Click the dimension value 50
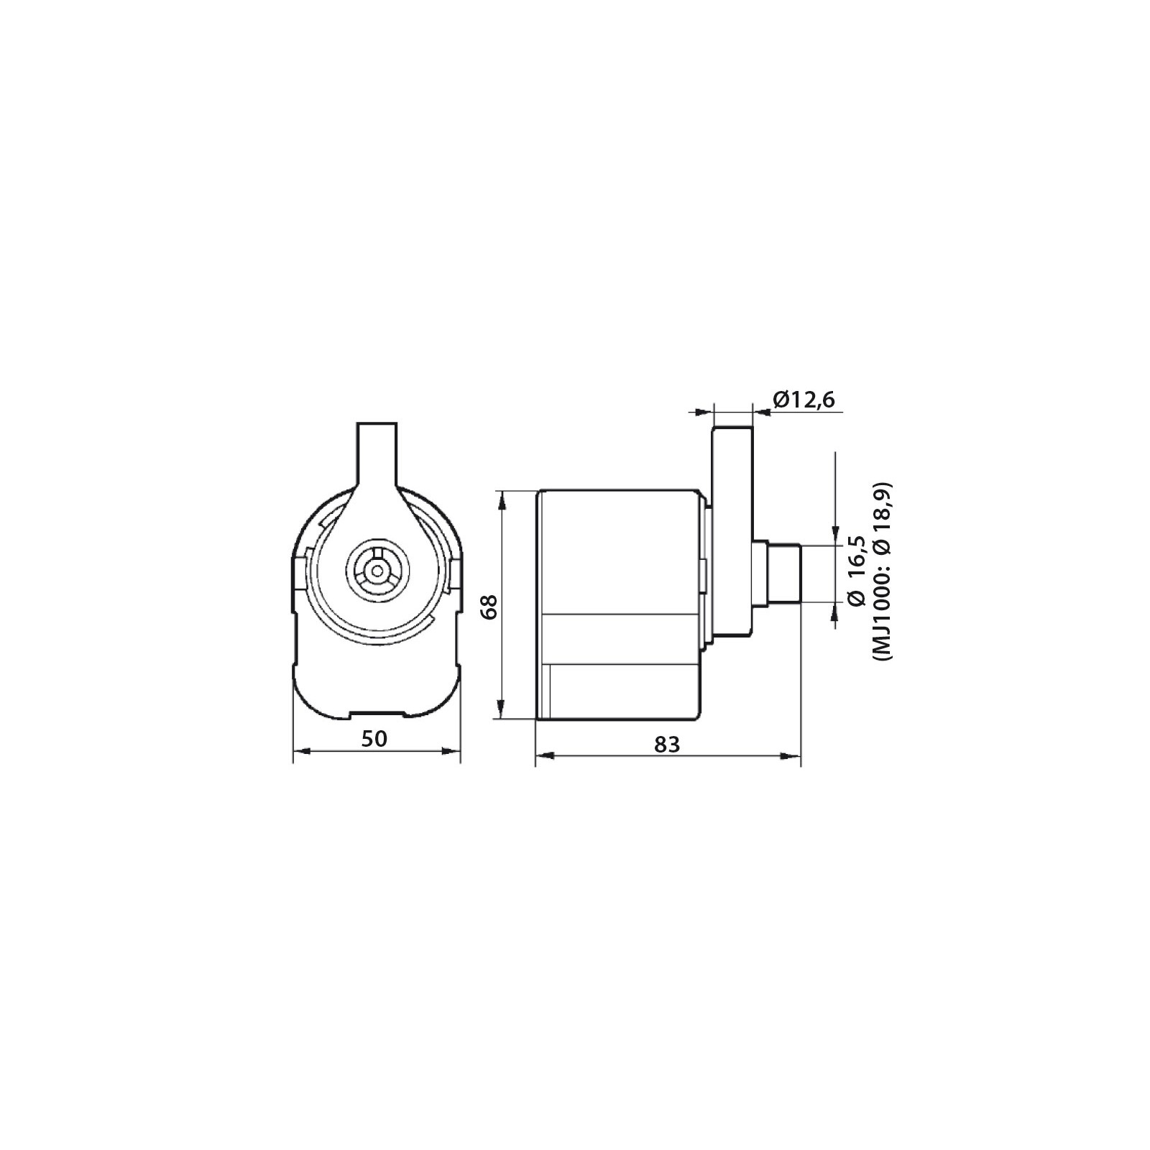tap(376, 738)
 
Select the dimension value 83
tap(667, 744)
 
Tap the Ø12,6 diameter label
tap(804, 400)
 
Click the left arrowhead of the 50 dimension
tap(302, 751)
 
